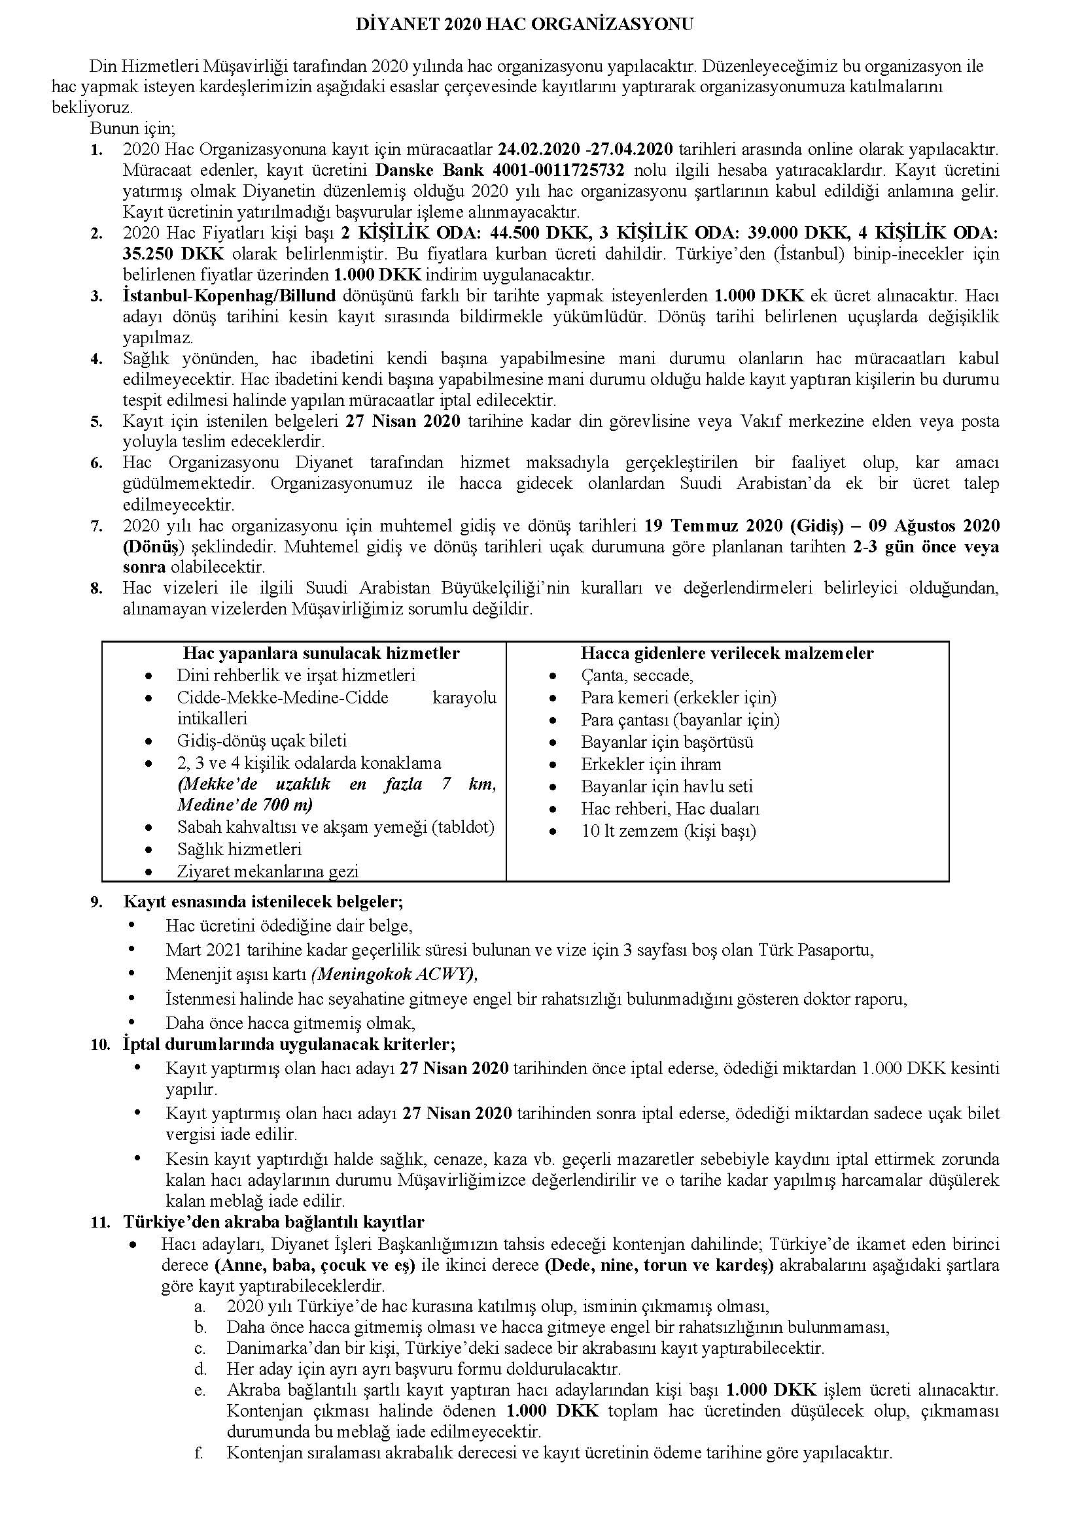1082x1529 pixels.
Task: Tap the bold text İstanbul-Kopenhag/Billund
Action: point(229,295)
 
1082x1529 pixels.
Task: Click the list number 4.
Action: point(97,360)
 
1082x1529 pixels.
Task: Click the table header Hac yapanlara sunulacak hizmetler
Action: point(321,653)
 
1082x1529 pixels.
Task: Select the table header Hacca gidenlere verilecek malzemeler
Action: point(727,653)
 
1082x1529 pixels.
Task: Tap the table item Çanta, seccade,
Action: point(637,676)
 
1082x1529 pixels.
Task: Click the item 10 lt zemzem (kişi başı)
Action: point(669,831)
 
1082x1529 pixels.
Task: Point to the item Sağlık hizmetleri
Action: point(239,850)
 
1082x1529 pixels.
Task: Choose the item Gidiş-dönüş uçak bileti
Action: point(262,741)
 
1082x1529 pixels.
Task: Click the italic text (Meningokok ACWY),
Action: point(394,974)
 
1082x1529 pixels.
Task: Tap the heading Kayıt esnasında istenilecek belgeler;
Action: point(263,902)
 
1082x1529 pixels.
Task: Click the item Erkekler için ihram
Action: point(651,764)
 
